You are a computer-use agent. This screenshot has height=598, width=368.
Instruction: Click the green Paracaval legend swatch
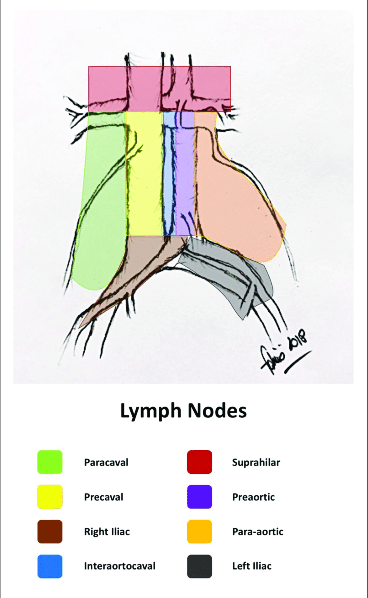(x=50, y=462)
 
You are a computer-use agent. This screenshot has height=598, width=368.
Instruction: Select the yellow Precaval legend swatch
(x=50, y=497)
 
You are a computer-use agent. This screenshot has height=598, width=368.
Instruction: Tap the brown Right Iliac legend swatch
(x=50, y=532)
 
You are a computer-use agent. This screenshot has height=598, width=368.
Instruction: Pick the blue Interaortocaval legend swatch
(x=50, y=566)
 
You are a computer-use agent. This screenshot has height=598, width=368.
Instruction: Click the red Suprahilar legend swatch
(x=199, y=462)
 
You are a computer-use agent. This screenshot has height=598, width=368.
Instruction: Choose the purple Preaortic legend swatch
(x=199, y=497)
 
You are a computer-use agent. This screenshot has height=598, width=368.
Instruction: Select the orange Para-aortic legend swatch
(x=199, y=532)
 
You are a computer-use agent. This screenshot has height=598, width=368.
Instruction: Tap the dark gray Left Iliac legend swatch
(x=199, y=566)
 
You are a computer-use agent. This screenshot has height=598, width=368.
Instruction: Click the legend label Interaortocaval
(x=120, y=566)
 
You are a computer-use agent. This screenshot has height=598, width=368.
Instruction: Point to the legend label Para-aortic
(x=257, y=532)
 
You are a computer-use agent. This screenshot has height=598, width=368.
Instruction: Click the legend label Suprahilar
(x=256, y=462)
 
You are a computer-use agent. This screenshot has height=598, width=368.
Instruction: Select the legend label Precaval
(x=103, y=497)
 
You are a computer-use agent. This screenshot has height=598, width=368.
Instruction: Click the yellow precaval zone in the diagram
(x=145, y=175)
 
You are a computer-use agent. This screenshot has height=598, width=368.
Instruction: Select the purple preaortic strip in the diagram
(x=185, y=175)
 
